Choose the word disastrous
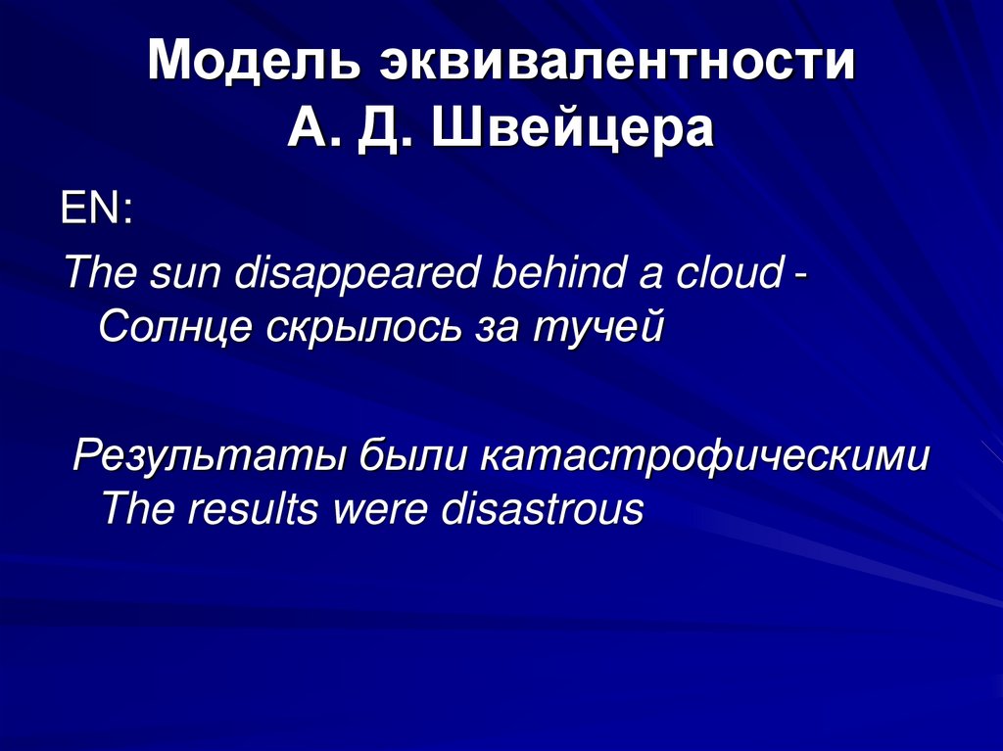click(543, 510)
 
